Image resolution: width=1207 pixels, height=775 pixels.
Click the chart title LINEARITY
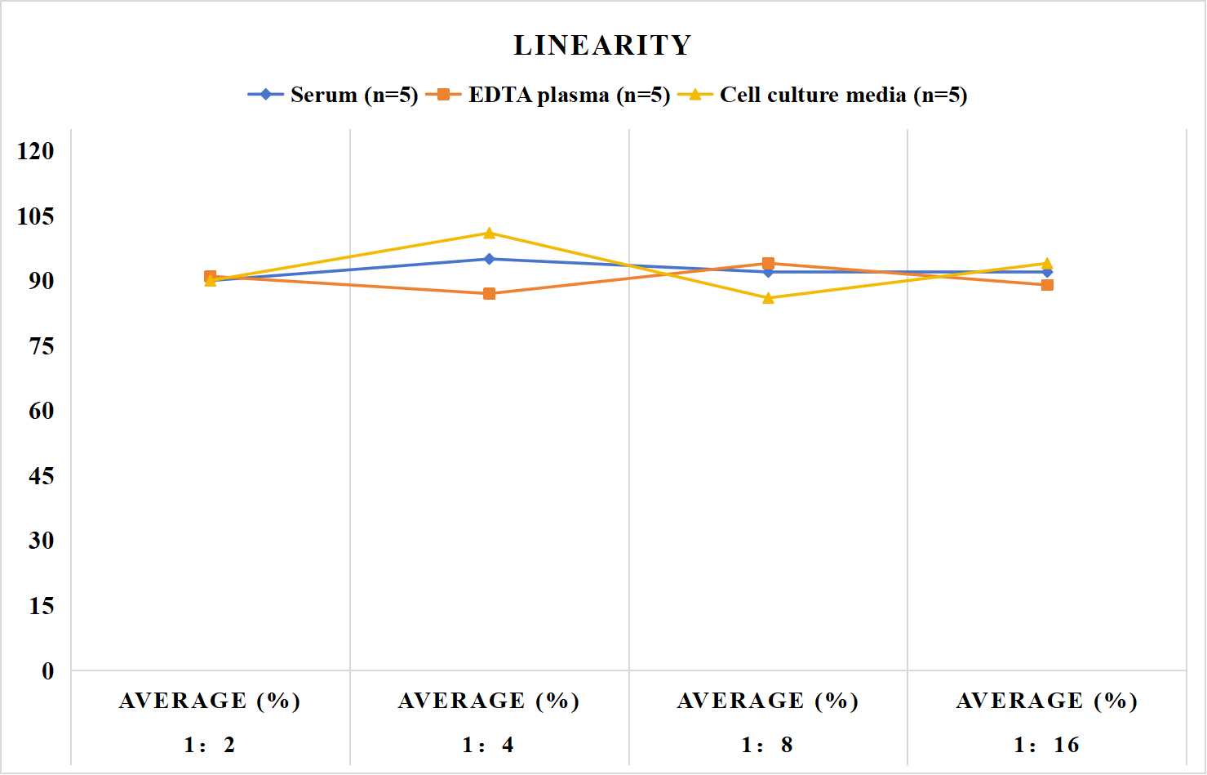pos(602,45)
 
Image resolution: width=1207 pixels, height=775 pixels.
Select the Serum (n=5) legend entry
pos(332,95)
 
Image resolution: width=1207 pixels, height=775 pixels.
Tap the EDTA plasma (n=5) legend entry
pos(548,95)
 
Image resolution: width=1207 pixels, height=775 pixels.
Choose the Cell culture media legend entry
pos(823,95)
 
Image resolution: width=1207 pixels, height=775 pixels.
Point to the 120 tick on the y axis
pos(36,151)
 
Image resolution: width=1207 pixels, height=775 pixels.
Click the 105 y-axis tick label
pos(36,216)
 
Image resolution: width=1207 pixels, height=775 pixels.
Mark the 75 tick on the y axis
pos(42,346)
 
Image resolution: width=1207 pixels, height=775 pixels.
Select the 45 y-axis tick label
pos(42,476)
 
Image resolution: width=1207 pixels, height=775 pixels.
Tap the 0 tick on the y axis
pos(48,671)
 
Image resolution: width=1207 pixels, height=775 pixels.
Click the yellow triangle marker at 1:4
pos(490,233)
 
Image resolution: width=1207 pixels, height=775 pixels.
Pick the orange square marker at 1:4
pos(490,294)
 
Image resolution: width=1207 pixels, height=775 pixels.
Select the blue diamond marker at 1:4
pos(490,260)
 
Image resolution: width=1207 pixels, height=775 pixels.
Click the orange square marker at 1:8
pos(769,264)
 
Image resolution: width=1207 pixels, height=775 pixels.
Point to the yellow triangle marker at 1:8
pos(769,298)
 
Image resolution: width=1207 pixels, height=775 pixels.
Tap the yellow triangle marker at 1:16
pos(1047,263)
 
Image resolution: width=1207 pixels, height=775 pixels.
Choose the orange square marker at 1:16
pos(1047,285)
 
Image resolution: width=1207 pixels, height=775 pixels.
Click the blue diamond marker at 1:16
pos(1047,273)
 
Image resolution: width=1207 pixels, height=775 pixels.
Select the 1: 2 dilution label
pos(210,746)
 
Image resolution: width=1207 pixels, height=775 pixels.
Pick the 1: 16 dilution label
pos(1046,746)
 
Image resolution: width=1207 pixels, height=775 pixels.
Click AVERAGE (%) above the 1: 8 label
pos(768,702)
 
